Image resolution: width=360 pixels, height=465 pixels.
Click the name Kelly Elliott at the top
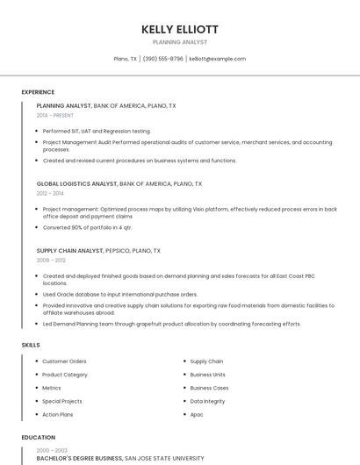click(180, 29)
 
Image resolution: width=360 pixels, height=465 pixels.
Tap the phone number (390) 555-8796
click(162, 59)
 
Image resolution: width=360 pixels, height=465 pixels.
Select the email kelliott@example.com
click(217, 59)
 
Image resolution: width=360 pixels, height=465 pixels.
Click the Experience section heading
click(38, 92)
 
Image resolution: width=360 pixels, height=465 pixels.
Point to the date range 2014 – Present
click(56, 115)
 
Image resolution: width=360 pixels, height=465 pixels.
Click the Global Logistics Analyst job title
click(76, 184)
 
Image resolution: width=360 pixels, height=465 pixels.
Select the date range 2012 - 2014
click(50, 193)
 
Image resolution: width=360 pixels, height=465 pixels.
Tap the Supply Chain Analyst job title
click(69, 251)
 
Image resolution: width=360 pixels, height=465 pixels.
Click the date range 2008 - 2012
click(50, 260)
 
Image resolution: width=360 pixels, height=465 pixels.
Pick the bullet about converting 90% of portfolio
click(87, 227)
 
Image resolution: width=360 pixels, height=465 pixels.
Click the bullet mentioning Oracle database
click(120, 294)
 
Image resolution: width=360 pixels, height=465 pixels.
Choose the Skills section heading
click(31, 345)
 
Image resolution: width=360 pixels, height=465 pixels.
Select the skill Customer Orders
click(64, 361)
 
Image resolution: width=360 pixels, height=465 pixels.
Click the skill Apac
click(197, 414)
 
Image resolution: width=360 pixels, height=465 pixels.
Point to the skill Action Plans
click(58, 414)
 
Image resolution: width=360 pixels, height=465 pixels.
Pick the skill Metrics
click(52, 388)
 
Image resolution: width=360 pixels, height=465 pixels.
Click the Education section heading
click(38, 437)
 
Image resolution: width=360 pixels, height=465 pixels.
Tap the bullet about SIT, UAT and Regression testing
click(97, 131)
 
